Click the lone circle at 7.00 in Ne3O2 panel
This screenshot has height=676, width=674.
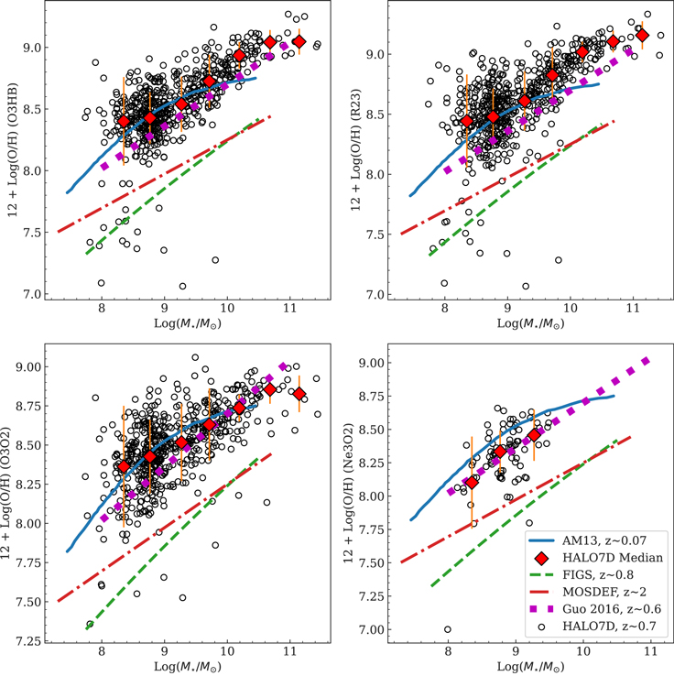(447, 629)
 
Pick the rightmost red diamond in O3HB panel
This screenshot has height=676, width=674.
(299, 41)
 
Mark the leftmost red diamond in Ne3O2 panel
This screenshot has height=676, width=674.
(472, 483)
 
